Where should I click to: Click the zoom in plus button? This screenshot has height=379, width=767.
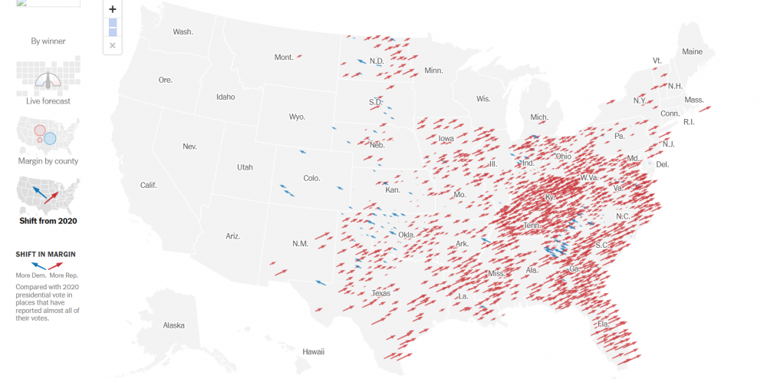pyautogui.click(x=113, y=9)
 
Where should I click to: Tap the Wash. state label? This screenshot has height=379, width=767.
pyautogui.click(x=183, y=31)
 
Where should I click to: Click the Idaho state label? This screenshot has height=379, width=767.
pyautogui.click(x=225, y=97)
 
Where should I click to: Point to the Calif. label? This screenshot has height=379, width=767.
pyautogui.click(x=148, y=185)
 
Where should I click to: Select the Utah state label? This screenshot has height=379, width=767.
pyautogui.click(x=245, y=167)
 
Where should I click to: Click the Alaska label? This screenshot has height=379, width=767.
pyautogui.click(x=174, y=325)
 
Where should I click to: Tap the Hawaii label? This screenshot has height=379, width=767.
pyautogui.click(x=313, y=351)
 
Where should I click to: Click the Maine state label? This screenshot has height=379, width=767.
pyautogui.click(x=692, y=52)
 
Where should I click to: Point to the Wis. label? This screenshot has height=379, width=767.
pyautogui.click(x=483, y=99)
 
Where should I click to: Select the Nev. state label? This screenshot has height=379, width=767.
pyautogui.click(x=189, y=146)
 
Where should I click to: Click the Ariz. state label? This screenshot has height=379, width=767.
pyautogui.click(x=233, y=236)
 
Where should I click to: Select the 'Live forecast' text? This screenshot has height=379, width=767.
pyautogui.click(x=48, y=101)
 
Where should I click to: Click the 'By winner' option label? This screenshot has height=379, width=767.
pyautogui.click(x=48, y=41)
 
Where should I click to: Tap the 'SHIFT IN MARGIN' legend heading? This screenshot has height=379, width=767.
pyautogui.click(x=45, y=255)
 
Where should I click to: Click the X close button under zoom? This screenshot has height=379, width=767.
pyautogui.click(x=113, y=46)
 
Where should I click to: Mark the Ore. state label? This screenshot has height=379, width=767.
pyautogui.click(x=165, y=80)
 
